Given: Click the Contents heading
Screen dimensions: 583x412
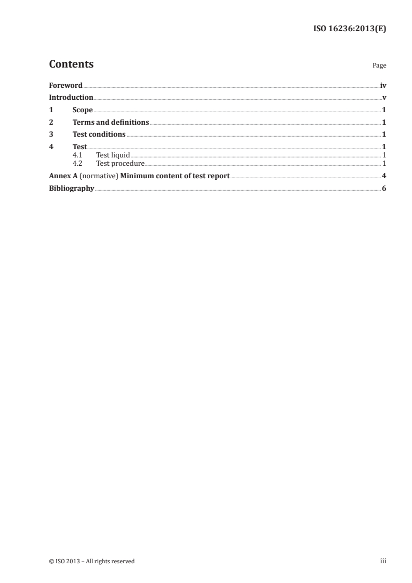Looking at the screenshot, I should [71, 64].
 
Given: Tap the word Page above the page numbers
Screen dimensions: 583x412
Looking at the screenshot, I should [379, 66].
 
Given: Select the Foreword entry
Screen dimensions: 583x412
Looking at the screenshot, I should [65, 86].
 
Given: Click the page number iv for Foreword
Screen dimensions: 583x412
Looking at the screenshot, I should [383, 86].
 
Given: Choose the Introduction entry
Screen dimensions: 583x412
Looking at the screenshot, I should [71, 98].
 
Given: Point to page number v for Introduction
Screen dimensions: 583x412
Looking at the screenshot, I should [384, 98].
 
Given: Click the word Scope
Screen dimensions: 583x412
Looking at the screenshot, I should [83, 110].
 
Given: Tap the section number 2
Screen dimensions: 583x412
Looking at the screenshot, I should [51, 123].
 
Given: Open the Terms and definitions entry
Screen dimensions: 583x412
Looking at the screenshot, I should [111, 123].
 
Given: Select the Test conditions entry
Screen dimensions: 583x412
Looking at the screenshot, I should [99, 135].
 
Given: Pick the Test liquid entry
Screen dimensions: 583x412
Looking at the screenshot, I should [113, 155].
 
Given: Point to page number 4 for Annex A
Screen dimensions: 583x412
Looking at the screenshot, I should [384, 176].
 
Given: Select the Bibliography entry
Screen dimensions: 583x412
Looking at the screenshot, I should [71, 188].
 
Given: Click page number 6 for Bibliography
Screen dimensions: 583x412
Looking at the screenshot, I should [384, 188].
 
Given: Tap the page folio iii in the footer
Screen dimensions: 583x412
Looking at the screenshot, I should [383, 561].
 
